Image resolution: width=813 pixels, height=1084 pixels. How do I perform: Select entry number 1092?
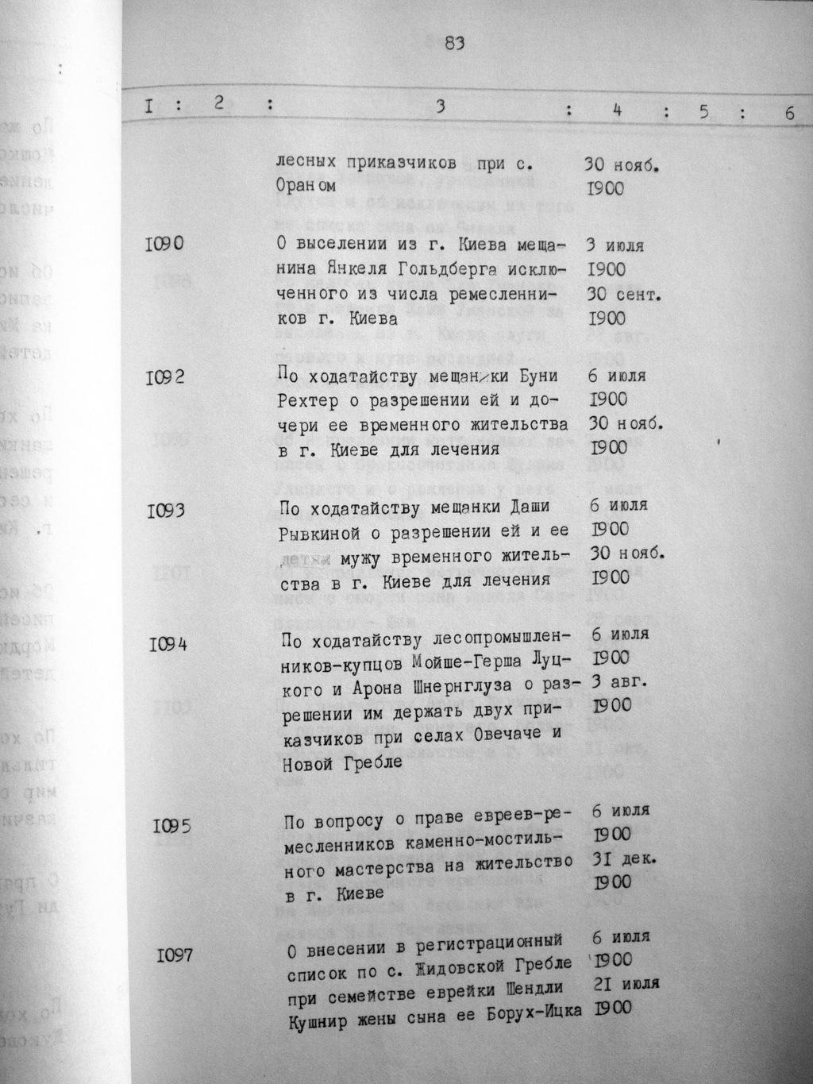point(166,376)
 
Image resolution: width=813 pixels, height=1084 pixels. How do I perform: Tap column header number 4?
point(616,110)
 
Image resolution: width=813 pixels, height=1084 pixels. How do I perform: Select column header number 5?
point(703,112)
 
